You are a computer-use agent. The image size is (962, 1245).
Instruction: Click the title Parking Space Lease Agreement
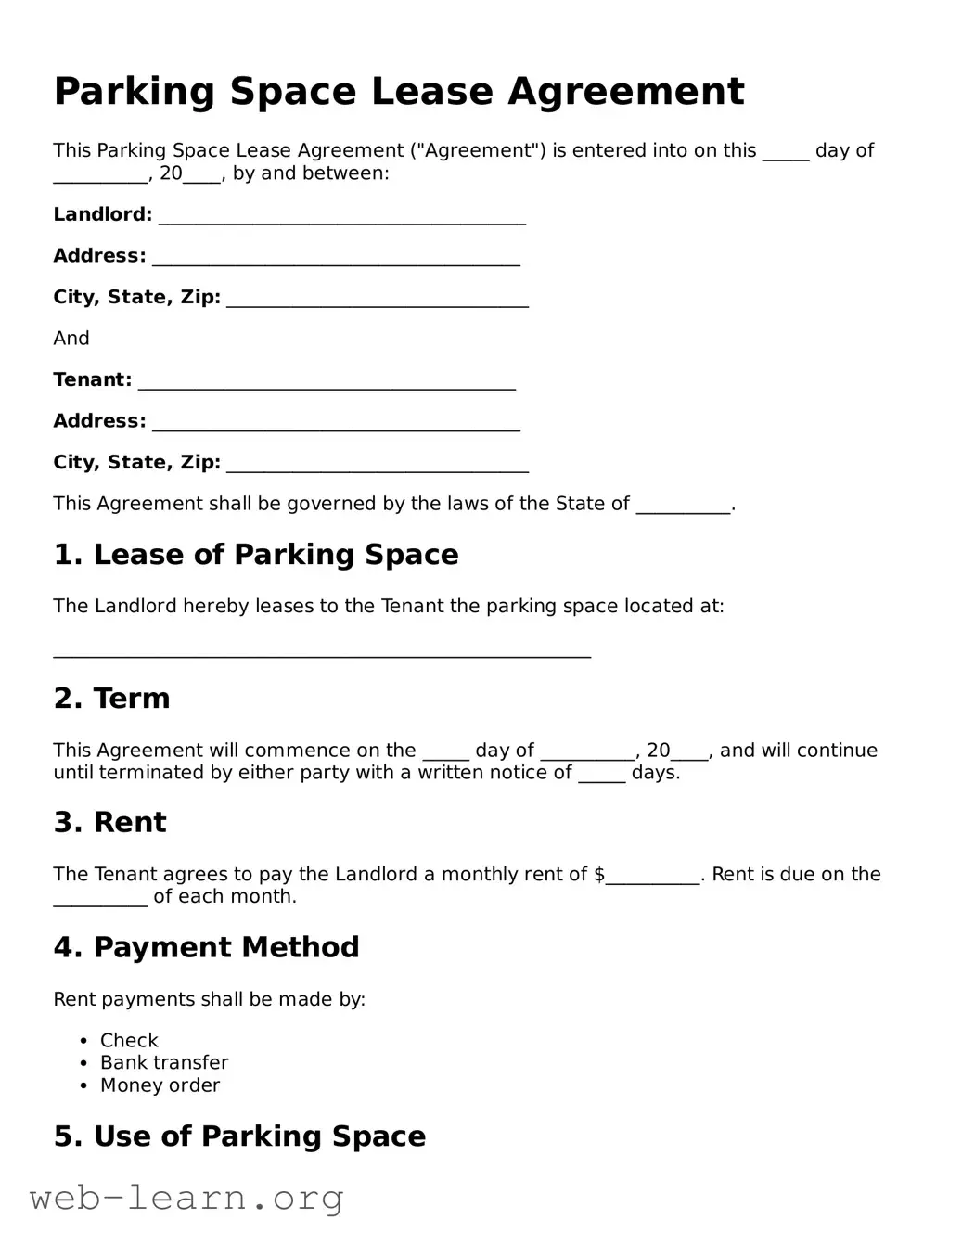point(398,92)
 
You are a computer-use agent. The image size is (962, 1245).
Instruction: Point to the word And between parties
point(71,339)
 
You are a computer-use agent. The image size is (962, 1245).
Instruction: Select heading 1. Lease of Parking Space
point(256,555)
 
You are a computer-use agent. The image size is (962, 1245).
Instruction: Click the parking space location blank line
point(322,651)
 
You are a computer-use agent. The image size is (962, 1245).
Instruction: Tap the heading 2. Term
point(112,699)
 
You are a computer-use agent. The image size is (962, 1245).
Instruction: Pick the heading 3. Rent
point(110,823)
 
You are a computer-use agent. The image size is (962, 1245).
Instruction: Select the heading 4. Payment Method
point(206,947)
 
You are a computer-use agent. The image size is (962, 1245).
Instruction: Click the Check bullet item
point(129,1041)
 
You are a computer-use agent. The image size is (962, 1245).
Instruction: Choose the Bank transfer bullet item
point(164,1063)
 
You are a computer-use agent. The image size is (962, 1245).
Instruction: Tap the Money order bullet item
point(160,1085)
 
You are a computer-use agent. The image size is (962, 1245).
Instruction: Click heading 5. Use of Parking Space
point(239,1136)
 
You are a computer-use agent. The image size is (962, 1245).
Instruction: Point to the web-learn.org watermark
point(186,1198)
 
